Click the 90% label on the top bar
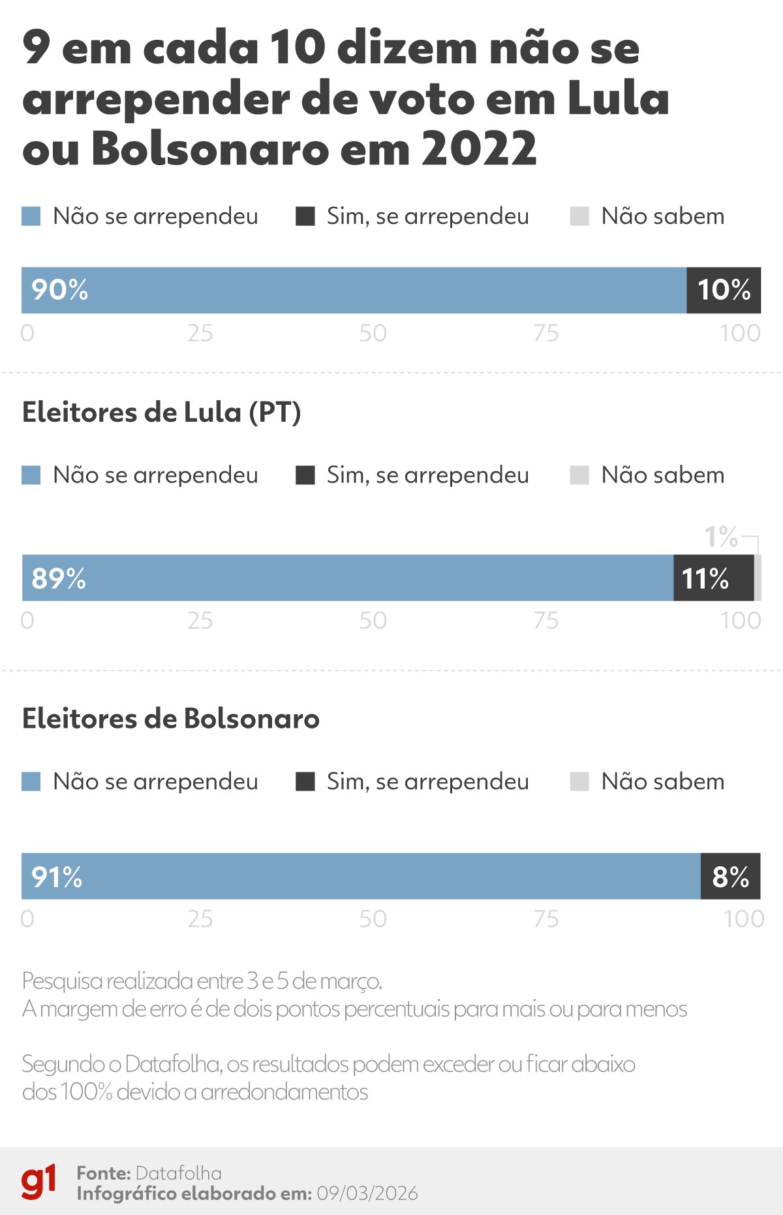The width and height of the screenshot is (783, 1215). tap(59, 290)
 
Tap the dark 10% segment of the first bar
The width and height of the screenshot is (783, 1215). tap(724, 290)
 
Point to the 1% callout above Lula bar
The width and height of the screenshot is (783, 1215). tap(721, 537)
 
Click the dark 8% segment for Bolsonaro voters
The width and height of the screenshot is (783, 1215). tap(730, 877)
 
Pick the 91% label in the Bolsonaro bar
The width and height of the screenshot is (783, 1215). tap(57, 877)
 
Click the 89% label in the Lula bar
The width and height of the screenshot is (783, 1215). tap(59, 578)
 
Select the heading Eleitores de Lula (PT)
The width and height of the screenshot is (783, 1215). tap(161, 413)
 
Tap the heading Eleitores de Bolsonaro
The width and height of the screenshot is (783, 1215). tap(170, 719)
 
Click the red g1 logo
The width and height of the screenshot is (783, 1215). tap(38, 1182)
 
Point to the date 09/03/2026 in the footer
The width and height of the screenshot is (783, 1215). tap(367, 1193)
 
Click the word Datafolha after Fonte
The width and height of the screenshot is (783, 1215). tap(179, 1173)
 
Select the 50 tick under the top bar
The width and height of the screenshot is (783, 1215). tap(373, 334)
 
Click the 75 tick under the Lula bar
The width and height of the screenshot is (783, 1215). tap(546, 621)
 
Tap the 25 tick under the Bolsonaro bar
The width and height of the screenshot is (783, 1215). tap(200, 919)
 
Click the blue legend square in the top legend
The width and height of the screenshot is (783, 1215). tap(31, 216)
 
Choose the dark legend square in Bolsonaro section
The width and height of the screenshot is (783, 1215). tap(305, 781)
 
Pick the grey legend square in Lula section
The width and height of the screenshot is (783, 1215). tap(579, 475)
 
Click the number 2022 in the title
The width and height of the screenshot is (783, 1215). tap(479, 149)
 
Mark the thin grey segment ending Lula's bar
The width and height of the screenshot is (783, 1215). tap(758, 578)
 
